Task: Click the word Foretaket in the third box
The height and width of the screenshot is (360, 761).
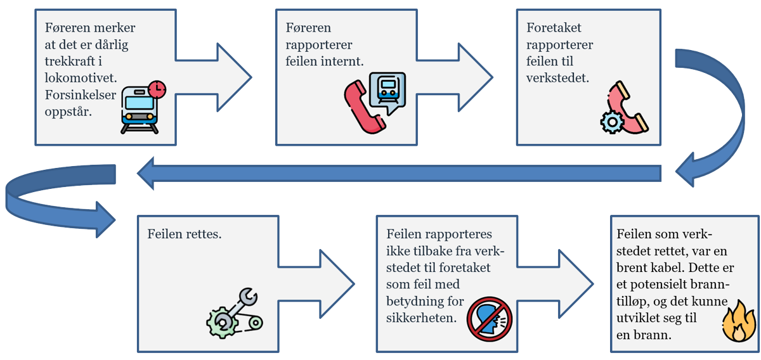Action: tap(554, 29)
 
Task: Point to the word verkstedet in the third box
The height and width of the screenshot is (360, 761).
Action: tap(557, 79)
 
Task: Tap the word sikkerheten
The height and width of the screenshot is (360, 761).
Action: tap(422, 318)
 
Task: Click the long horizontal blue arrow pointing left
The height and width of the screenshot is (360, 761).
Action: tap(400, 173)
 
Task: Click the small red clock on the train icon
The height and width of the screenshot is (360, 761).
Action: tap(156, 89)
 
